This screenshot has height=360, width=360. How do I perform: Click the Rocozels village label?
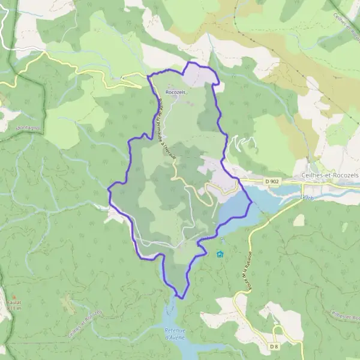click(176, 92)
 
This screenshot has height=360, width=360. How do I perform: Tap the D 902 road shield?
click(272, 181)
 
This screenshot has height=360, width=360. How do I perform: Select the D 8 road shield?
click(274, 346)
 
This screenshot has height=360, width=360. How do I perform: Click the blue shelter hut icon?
click(220, 254)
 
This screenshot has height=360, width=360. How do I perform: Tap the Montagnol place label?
click(28, 128)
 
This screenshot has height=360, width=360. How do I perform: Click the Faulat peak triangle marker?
click(13, 297)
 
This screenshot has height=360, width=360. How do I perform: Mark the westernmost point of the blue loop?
click(109, 190)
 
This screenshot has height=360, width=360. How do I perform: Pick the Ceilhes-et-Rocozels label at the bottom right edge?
click(345, 316)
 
